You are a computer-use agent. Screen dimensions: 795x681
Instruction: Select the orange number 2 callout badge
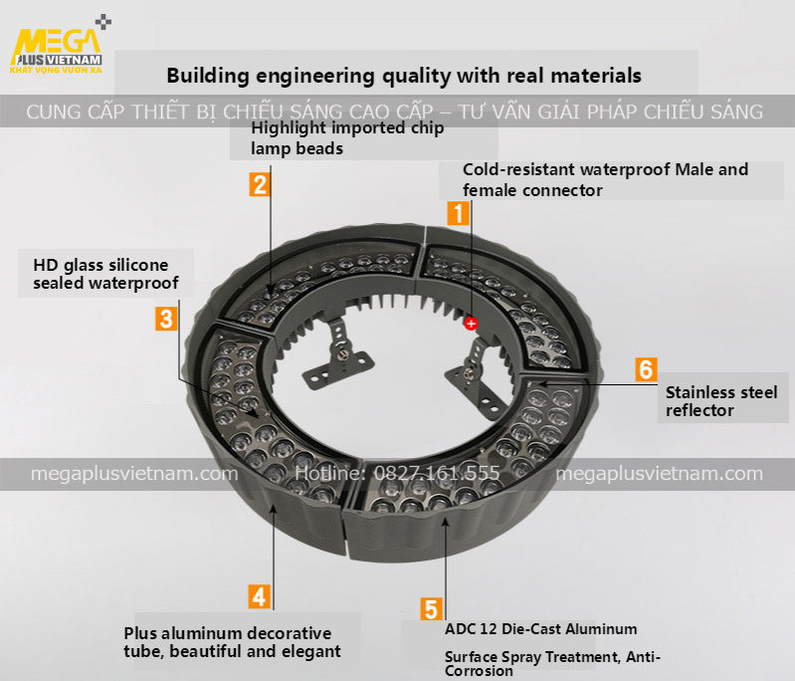[259, 183]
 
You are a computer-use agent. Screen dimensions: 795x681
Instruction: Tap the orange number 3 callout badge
[166, 319]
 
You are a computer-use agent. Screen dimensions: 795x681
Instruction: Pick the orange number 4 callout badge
[259, 596]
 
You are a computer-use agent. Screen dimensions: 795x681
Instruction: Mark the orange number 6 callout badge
[646, 369]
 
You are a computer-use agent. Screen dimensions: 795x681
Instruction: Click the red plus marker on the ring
[471, 323]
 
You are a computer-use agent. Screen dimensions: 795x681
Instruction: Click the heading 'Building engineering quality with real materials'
[404, 76]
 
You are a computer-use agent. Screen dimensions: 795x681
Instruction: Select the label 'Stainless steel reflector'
[720, 401]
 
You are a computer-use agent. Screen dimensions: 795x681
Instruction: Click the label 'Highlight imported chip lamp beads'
[347, 138]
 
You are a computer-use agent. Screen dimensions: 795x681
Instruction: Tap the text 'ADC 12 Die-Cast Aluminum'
[540, 629]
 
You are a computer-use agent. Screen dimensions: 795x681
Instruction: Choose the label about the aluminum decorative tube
[232, 642]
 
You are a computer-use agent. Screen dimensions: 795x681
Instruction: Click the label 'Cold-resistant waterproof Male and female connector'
[605, 179]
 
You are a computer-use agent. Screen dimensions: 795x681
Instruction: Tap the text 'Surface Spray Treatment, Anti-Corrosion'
[551, 663]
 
